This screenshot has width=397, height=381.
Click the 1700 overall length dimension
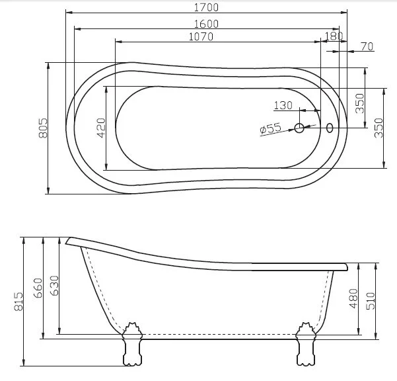click(207, 7)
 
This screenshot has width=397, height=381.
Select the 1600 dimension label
click(206, 23)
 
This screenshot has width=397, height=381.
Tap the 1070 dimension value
click(200, 36)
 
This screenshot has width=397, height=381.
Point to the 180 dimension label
click(334, 36)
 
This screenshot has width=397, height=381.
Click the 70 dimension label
click(367, 46)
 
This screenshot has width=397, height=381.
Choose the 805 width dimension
click(43, 128)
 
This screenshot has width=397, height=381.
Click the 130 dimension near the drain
click(283, 105)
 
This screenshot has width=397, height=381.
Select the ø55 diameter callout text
click(271, 128)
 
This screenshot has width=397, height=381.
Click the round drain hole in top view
click(299, 128)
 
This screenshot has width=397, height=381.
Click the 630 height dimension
click(54, 286)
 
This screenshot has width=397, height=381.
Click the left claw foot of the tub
click(131, 344)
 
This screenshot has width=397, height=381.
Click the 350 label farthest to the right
click(379, 127)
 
